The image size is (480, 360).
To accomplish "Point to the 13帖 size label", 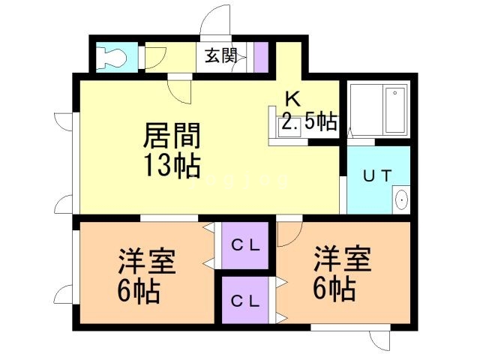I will [x=172, y=165].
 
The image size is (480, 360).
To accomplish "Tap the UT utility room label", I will [x=377, y=176].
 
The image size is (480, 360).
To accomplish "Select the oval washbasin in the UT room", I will [x=401, y=200].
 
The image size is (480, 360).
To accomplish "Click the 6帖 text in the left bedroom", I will [x=139, y=290].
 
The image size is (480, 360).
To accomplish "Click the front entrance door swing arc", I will [x=219, y=19].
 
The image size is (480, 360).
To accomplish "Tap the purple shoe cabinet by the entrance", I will [x=261, y=56].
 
